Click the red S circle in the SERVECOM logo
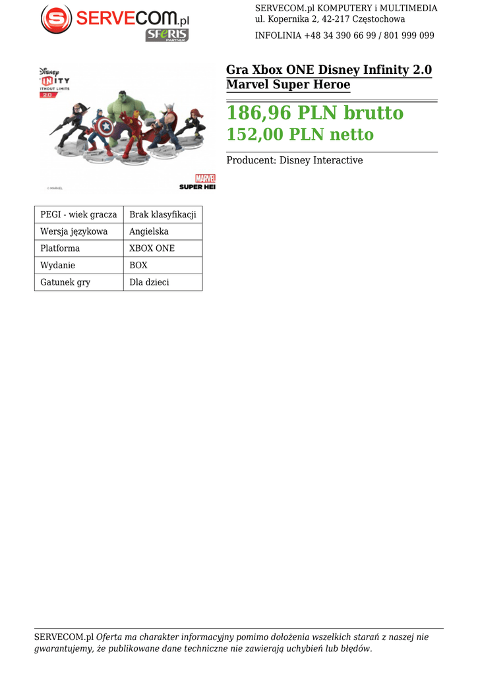[x=56, y=19]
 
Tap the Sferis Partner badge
[x=167, y=35]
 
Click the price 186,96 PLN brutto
[x=314, y=113]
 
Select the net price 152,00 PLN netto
[x=300, y=135]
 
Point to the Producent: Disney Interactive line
[x=294, y=161]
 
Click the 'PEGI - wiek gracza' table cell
[x=78, y=215]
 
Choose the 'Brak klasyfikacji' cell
[x=162, y=215]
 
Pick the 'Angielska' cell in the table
[x=149, y=232]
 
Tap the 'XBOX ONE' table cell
[x=152, y=249]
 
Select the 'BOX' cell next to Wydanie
[x=138, y=266]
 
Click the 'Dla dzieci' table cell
[x=149, y=282]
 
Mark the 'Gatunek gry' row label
[x=65, y=282]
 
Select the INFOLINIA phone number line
[x=344, y=36]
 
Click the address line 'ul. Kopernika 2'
[x=330, y=19]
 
